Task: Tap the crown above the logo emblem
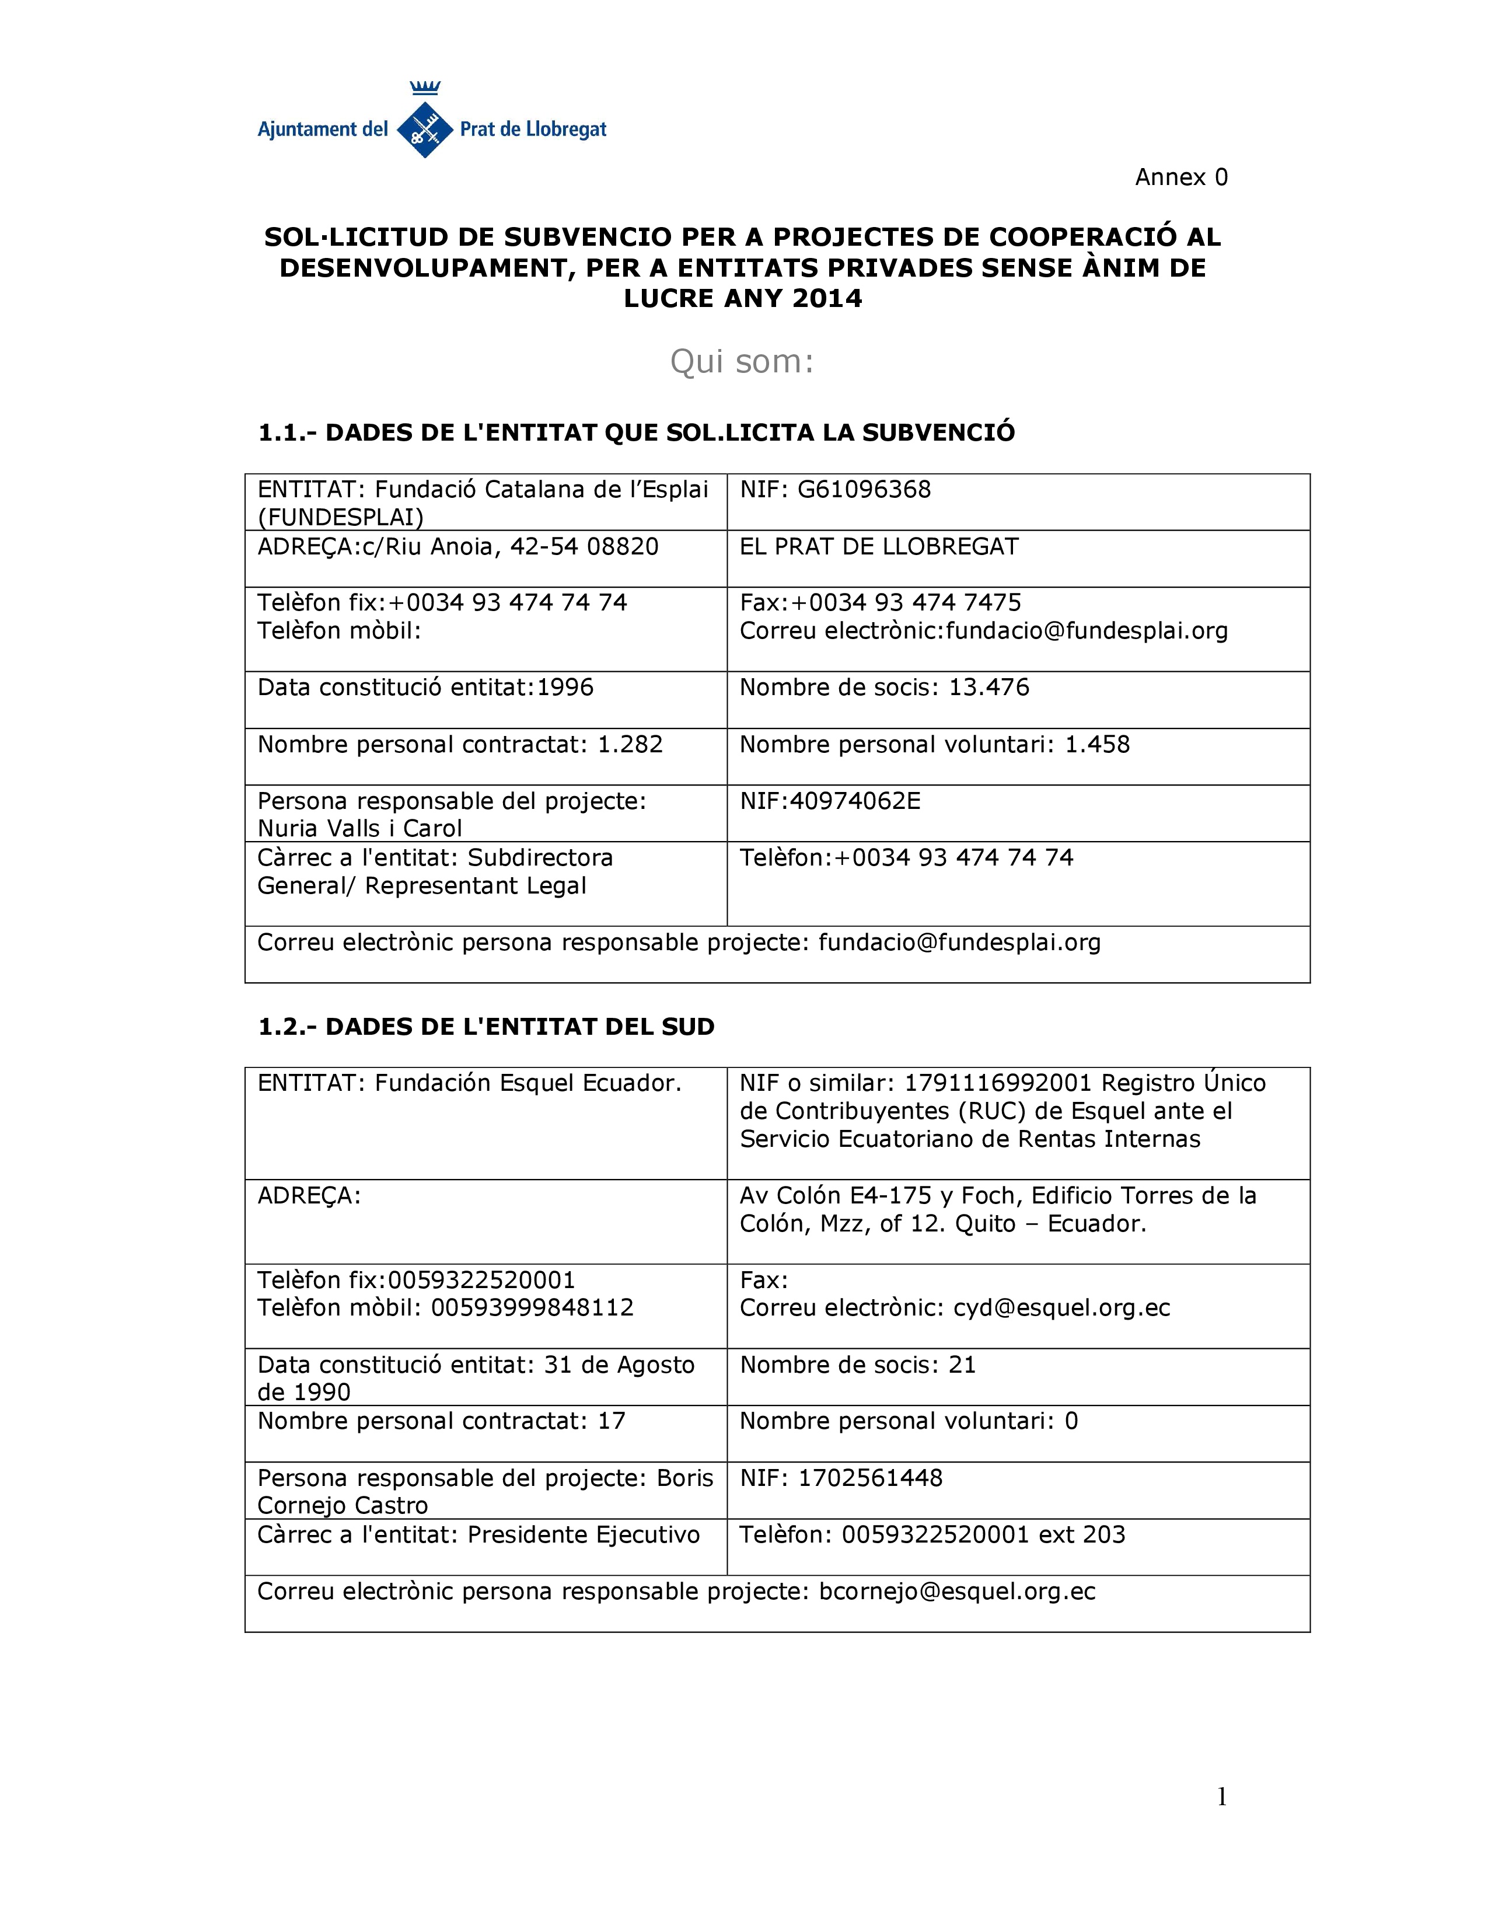[425, 88]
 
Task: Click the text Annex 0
[1180, 177]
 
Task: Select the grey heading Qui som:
[741, 361]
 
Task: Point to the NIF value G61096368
[864, 490]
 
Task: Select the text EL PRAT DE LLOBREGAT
[879, 547]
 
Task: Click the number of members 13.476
[988, 687]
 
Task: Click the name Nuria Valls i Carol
[359, 828]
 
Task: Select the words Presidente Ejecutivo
[584, 1534]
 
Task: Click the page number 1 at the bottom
[1222, 1797]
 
